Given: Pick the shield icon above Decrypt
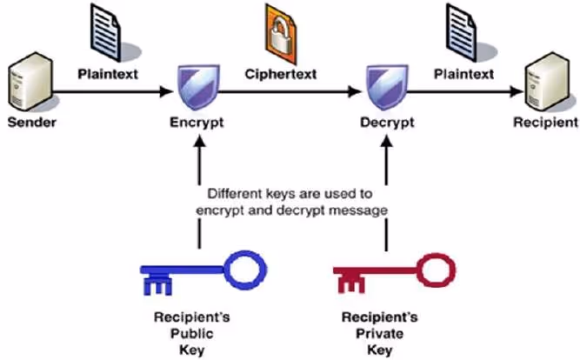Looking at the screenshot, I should [383, 88].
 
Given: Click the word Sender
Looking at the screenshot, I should [31, 122].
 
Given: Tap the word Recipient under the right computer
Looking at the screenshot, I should [544, 123].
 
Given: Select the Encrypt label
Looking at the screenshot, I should [197, 123].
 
